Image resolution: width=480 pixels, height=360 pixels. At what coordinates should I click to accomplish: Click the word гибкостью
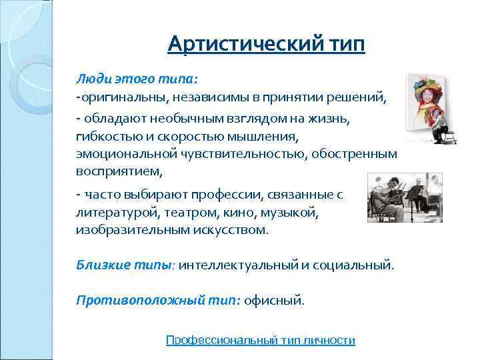(104, 135)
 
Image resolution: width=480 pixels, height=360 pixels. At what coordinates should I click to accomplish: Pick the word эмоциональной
(124, 153)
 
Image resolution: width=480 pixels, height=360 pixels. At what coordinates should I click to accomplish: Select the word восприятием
(119, 171)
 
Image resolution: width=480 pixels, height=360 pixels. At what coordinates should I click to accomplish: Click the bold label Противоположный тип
(157, 300)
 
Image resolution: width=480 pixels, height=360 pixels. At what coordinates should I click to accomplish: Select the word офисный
(273, 300)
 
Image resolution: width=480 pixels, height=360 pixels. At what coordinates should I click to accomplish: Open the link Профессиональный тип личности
(260, 340)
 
